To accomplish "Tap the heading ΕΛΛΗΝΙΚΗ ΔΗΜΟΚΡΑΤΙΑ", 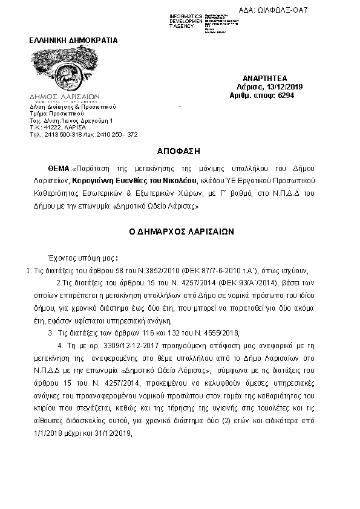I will coord(74,41).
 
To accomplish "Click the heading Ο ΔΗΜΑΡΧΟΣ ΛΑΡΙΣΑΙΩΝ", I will coord(180,232).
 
